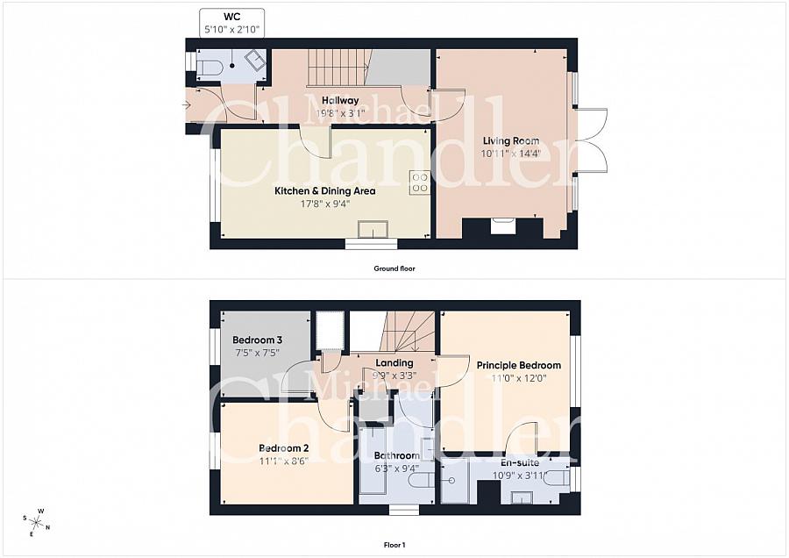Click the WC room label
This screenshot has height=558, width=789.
tap(231, 16)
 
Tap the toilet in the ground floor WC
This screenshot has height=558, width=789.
tap(209, 68)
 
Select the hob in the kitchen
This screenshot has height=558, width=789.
tap(420, 182)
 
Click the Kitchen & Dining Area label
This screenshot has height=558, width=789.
tap(324, 191)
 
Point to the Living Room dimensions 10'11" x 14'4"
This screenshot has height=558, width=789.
tap(511, 153)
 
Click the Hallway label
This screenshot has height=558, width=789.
tap(340, 100)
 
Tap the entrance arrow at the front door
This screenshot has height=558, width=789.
tap(186, 105)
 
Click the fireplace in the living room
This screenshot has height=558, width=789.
tap(502, 227)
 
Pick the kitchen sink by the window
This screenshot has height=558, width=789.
tap(373, 230)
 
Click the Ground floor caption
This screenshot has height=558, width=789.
tap(394, 268)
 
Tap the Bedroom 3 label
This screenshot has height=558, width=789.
tap(257, 340)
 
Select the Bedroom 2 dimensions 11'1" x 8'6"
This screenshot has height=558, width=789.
tap(283, 461)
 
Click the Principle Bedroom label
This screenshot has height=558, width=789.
tap(519, 365)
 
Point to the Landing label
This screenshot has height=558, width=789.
tap(394, 362)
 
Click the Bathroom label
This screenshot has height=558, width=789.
tap(396, 455)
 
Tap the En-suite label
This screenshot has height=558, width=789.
tap(520, 462)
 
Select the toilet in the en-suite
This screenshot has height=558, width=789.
tap(558, 479)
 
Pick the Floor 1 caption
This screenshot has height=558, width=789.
tap(394, 545)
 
